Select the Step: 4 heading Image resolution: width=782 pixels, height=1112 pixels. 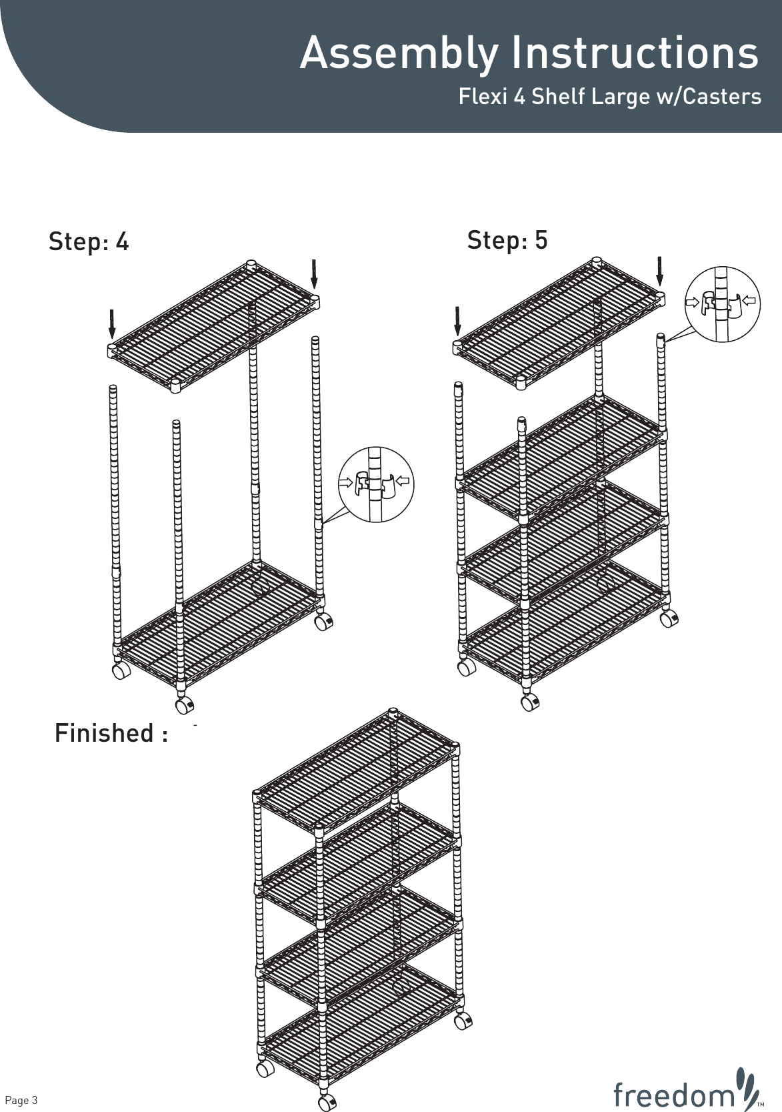(x=89, y=241)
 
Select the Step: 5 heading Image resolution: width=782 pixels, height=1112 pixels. (x=507, y=239)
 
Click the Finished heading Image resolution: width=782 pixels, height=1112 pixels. (x=110, y=733)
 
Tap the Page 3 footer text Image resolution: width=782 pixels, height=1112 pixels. (x=21, y=1099)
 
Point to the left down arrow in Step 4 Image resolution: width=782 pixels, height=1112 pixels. (x=112, y=324)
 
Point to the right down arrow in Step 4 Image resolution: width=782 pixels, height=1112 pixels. (x=313, y=273)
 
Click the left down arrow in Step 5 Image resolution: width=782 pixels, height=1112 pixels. (x=457, y=320)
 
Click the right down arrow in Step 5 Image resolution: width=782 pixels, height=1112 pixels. (x=659, y=270)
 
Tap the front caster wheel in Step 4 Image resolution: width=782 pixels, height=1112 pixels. (x=185, y=704)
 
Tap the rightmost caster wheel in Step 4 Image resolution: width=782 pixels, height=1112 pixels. (x=323, y=622)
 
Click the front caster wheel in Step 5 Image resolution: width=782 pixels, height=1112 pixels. (x=530, y=702)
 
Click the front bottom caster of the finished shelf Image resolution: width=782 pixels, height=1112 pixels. (x=327, y=1102)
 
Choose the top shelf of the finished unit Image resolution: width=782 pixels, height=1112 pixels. (x=357, y=774)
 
